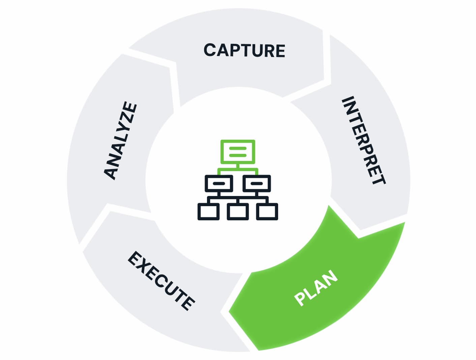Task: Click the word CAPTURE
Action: tap(244, 51)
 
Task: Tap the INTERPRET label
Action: tap(363, 140)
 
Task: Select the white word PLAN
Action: tap(316, 288)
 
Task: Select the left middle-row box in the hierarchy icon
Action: tap(219, 183)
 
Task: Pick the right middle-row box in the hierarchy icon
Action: tap(257, 183)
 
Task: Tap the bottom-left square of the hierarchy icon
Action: tap(208, 212)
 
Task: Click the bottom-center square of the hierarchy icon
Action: tap(238, 212)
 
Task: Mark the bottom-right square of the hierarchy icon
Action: tap(267, 212)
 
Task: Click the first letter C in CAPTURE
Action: tap(210, 50)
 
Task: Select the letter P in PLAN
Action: tap(300, 299)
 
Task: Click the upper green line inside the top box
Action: tap(238, 148)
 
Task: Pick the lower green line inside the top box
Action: tap(238, 155)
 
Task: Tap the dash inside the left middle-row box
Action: tap(219, 184)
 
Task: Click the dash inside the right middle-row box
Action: tap(257, 184)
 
